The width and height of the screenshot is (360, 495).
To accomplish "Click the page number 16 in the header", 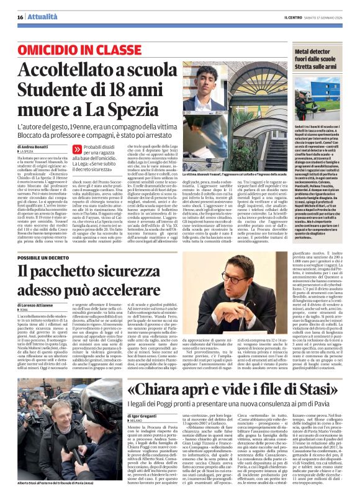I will pos(20,16).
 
